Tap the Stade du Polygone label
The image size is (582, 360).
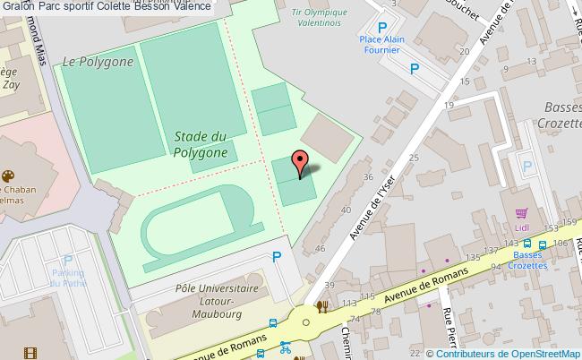(x=200, y=144)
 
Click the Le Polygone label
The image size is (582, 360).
(x=98, y=62)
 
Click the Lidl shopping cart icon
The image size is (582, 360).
(x=521, y=213)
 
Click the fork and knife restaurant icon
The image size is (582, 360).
(x=321, y=306)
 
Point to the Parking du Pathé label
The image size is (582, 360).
(x=68, y=278)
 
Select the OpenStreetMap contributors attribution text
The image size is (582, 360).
(x=508, y=353)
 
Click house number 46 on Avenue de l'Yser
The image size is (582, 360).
(x=321, y=246)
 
